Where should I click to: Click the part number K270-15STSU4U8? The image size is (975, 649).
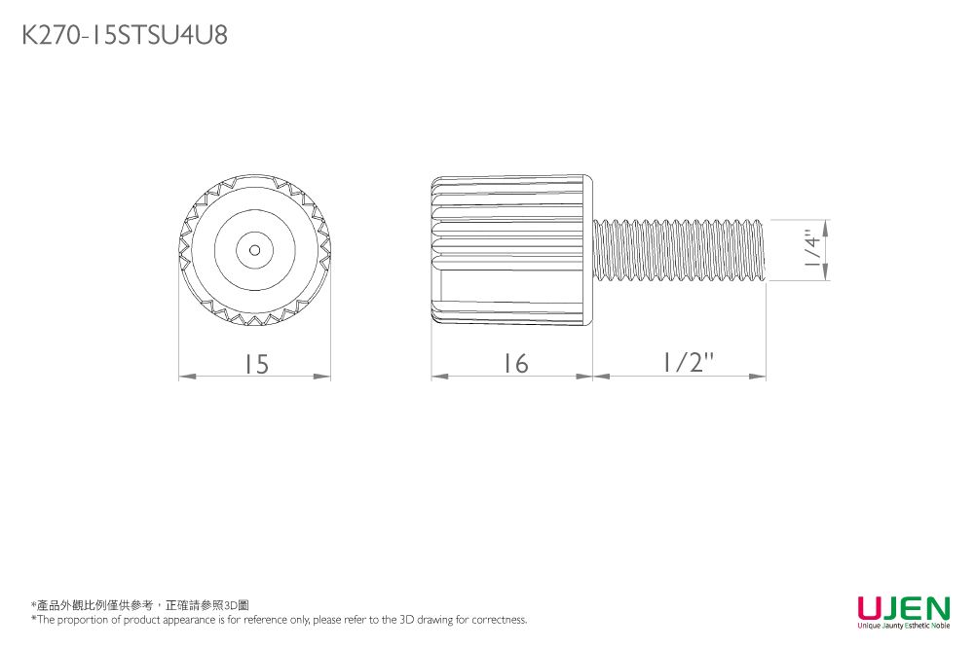[x=125, y=35]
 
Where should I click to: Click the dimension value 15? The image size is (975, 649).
[x=256, y=364]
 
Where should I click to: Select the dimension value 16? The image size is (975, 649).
[x=516, y=364]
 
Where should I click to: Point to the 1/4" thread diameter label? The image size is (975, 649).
[x=813, y=249]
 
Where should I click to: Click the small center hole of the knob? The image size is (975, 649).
[x=254, y=250]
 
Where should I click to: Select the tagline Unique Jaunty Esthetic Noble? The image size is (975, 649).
[x=904, y=626]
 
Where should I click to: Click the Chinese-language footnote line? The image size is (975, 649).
[x=140, y=605]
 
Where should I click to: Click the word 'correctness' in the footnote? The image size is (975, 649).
[x=499, y=619]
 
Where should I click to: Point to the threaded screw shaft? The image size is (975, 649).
[x=679, y=250]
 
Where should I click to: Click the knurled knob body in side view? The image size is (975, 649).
[x=512, y=250]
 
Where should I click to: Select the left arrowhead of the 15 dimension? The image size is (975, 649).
[x=187, y=377]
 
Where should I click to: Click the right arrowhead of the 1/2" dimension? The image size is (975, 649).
[x=758, y=377]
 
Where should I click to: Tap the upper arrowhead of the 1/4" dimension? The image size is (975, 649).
[x=826, y=228]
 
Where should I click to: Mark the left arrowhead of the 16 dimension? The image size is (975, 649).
[x=439, y=377]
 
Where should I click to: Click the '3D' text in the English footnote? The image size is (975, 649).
[x=407, y=619]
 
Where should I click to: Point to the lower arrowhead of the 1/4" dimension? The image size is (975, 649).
[x=826, y=272]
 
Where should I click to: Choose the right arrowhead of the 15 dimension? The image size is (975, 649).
[x=322, y=377]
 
